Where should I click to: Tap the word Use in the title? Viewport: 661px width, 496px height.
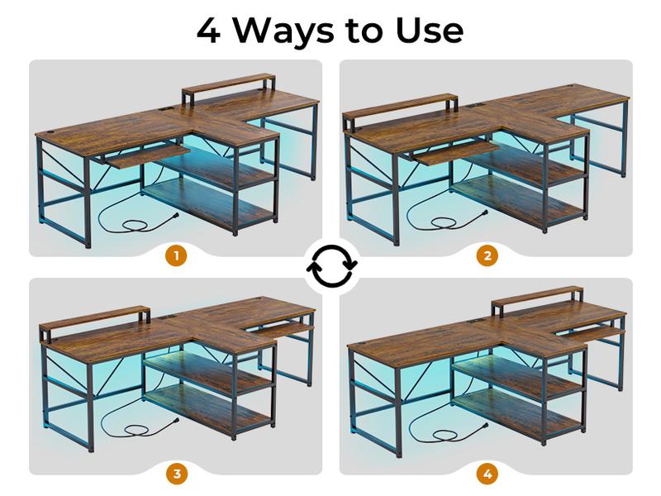point(429,31)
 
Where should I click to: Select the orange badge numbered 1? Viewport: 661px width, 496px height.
point(175,255)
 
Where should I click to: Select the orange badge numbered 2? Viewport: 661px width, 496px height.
point(486,255)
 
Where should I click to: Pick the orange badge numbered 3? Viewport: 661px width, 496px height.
point(175,474)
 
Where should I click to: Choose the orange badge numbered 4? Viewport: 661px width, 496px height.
point(486,474)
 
